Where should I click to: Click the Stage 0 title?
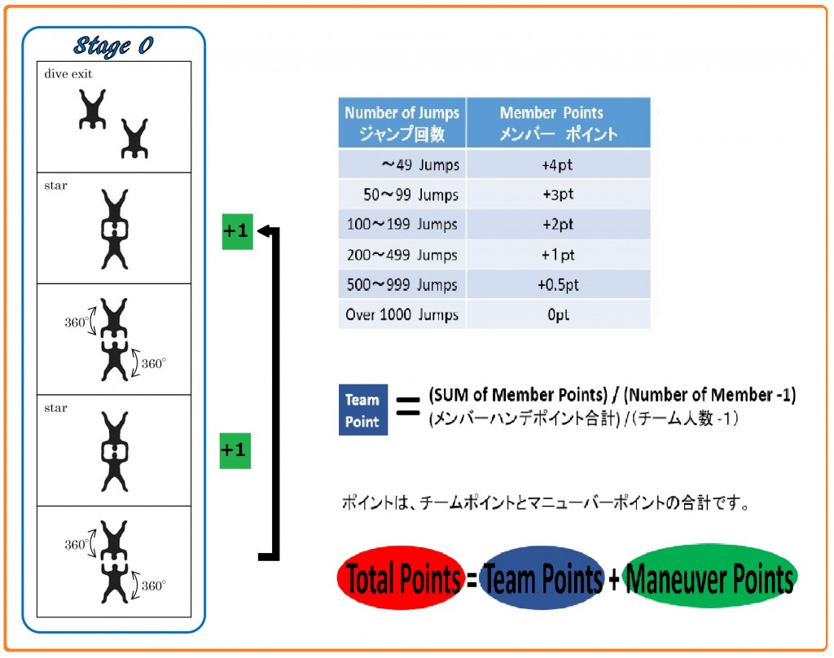coord(114,46)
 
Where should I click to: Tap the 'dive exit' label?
coord(68,74)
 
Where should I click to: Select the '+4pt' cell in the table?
coord(558,164)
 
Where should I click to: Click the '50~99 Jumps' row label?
coord(402,195)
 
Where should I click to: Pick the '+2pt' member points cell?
coord(558,225)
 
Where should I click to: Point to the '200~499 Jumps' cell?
coord(402,255)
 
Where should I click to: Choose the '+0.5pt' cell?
coord(558,284)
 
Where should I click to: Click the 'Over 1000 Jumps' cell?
coord(402,314)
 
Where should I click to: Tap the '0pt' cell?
coord(558,314)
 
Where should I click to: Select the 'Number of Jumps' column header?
coord(402,122)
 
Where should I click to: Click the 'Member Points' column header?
coord(559,122)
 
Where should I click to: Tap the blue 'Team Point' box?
coord(362,410)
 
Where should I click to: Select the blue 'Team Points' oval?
coord(542,577)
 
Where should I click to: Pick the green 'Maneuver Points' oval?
coord(709,577)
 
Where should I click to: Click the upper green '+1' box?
coord(237,231)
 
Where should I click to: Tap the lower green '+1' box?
coord(235,450)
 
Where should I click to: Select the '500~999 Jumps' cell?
coord(402,284)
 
